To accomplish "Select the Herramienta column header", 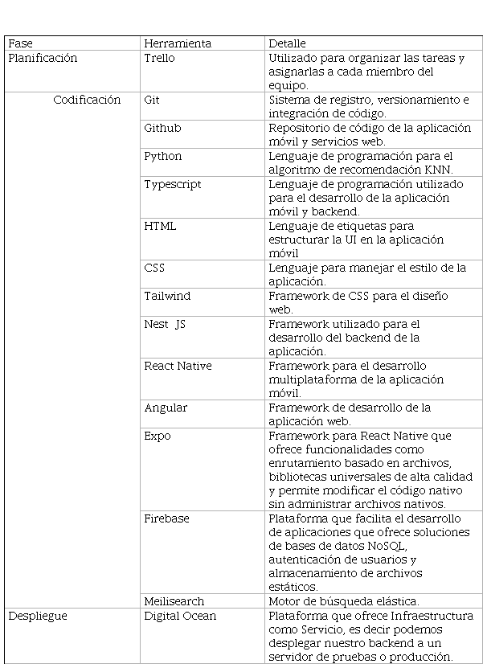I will (x=178, y=43).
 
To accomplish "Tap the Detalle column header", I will (x=287, y=43).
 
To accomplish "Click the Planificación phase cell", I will (x=43, y=58).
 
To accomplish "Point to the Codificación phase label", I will (x=87, y=100).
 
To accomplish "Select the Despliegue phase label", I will (x=38, y=616).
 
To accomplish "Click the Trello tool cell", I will (x=159, y=58).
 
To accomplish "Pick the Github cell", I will (x=162, y=128).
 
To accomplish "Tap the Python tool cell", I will (x=163, y=156).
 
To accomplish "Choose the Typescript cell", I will (x=172, y=184).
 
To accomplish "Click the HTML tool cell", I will (x=160, y=226).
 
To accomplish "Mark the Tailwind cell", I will (x=167, y=296).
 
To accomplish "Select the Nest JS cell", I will (x=165, y=324).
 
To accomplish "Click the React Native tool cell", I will (x=178, y=366).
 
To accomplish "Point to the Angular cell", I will (x=166, y=408).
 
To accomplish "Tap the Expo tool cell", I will (x=158, y=436).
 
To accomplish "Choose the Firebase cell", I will (x=166, y=518).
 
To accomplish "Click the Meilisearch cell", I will (x=174, y=601).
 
